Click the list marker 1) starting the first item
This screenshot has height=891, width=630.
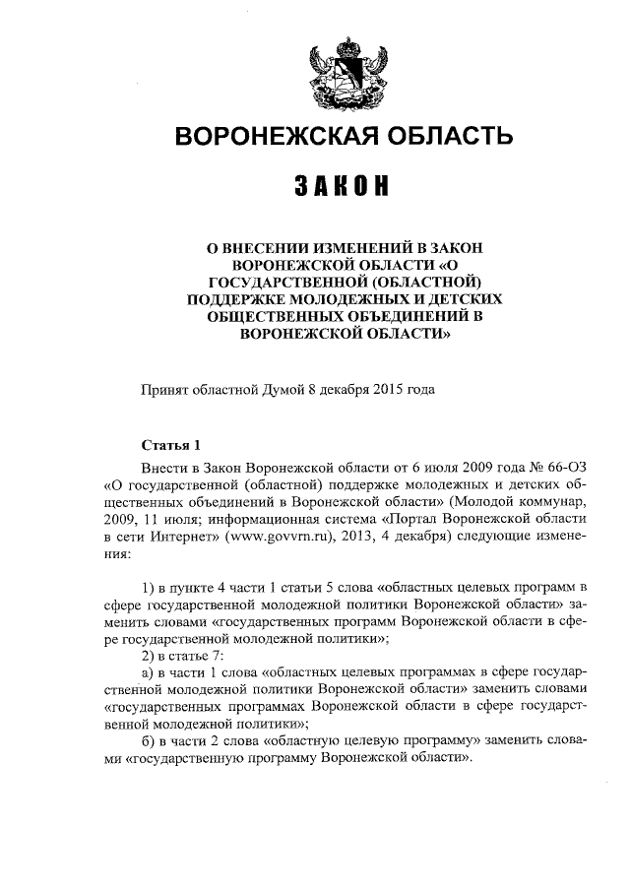click(149, 589)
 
